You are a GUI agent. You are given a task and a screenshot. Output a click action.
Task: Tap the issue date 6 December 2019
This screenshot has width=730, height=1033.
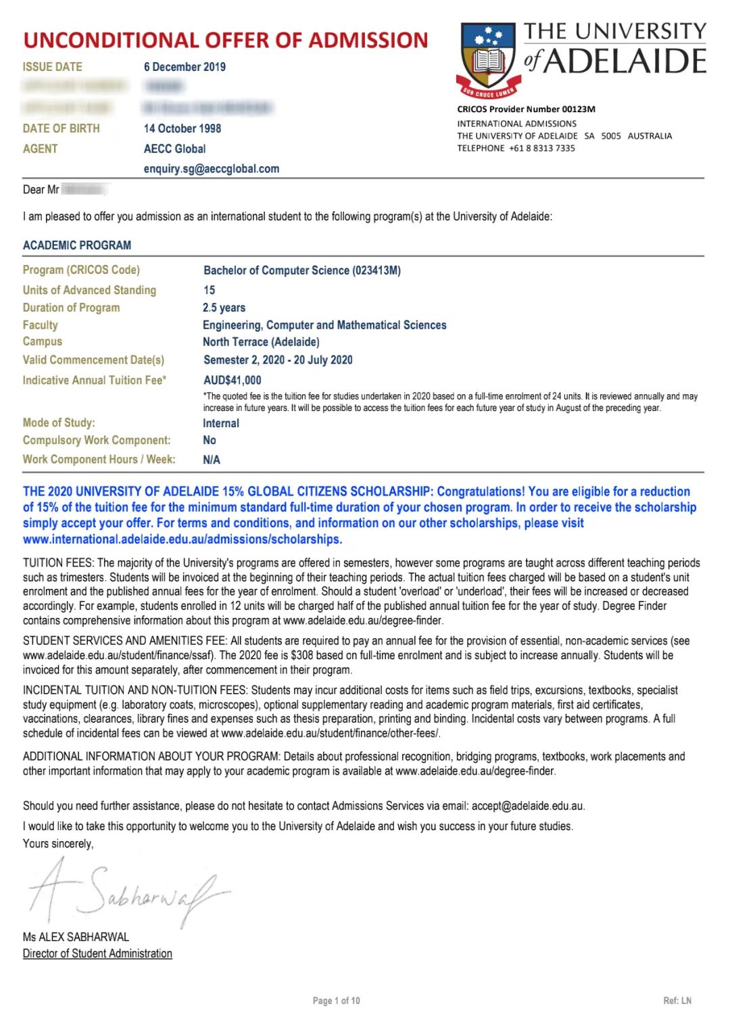click(x=185, y=67)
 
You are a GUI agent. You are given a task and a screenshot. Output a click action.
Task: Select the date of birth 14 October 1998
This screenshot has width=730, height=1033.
click(x=182, y=128)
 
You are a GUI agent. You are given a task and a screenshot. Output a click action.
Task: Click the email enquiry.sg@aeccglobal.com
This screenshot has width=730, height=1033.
click(x=212, y=169)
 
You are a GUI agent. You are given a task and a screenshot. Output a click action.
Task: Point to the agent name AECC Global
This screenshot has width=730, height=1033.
click(x=174, y=149)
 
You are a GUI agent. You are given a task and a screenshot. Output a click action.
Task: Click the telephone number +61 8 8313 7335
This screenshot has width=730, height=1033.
click(x=542, y=148)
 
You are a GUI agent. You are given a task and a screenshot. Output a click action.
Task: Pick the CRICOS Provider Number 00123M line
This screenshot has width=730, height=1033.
click(x=526, y=109)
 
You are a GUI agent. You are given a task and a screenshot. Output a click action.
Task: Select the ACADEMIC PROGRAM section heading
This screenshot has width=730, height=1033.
click(x=77, y=245)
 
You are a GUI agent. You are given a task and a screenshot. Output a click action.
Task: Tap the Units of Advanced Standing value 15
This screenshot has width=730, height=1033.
click(x=210, y=290)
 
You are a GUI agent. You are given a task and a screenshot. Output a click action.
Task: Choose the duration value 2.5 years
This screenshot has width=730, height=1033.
click(x=224, y=308)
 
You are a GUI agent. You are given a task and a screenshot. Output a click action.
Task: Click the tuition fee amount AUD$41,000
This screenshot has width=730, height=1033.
click(x=233, y=380)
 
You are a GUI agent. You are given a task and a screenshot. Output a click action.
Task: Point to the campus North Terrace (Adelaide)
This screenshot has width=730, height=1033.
click(x=262, y=342)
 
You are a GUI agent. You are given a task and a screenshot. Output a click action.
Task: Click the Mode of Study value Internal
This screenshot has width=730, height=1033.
click(x=221, y=423)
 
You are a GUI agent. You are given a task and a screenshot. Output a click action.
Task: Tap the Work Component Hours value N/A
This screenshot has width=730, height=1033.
click(x=212, y=460)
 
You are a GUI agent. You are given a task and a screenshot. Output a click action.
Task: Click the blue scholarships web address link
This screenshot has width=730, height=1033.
click(x=182, y=539)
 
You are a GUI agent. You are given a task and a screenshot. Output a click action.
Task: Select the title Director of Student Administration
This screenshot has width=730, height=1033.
click(x=97, y=953)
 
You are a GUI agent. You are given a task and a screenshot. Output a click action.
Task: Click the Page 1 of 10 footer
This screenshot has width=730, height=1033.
click(x=336, y=1001)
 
